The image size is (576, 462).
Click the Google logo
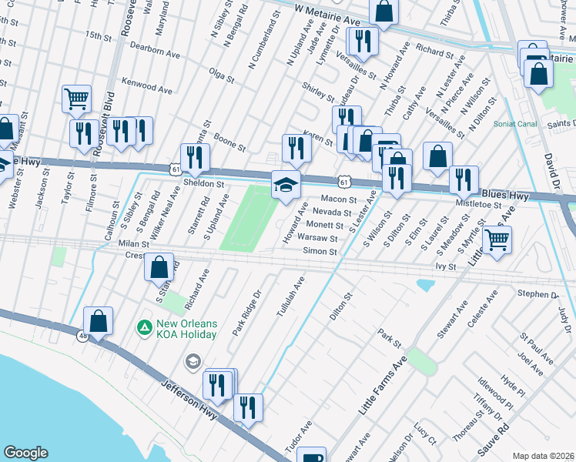click(x=25, y=452)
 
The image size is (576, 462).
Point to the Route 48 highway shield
click(x=82, y=336)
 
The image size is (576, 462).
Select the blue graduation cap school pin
click(x=286, y=186)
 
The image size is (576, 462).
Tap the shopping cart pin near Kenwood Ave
click(x=76, y=99)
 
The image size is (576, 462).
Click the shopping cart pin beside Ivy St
click(x=497, y=240)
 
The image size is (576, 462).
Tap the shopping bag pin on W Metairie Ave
click(x=383, y=12)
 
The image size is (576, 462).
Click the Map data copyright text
click(x=543, y=455)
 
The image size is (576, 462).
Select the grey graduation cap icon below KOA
click(x=193, y=361)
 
